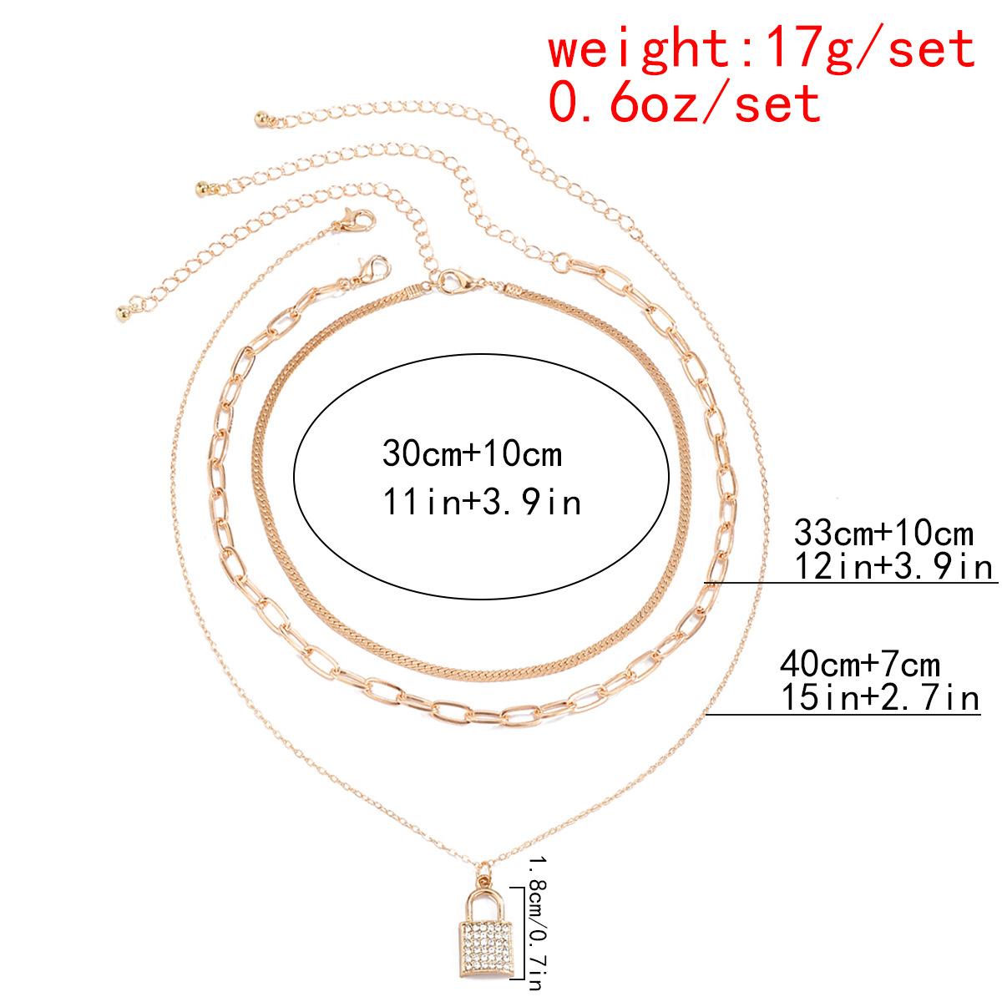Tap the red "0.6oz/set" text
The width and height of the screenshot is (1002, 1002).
tap(685, 103)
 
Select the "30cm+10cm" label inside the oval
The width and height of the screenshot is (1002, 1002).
tap(473, 454)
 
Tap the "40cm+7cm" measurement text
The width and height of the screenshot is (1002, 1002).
tap(860, 665)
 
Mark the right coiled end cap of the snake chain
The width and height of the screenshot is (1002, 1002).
tap(511, 289)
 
